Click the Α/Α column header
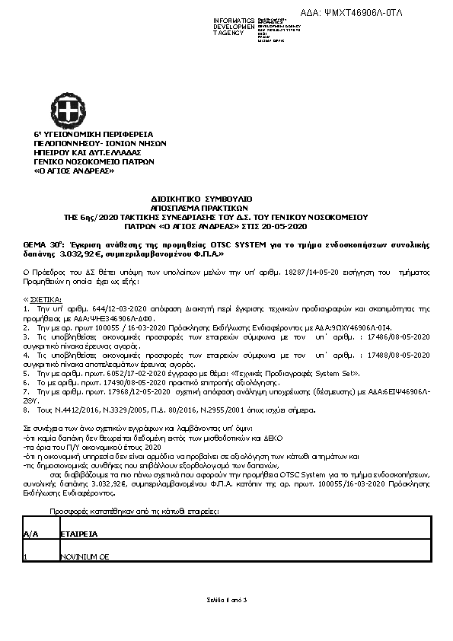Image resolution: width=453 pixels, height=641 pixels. tap(31, 534)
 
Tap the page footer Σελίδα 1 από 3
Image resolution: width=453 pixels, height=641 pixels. tap(227, 601)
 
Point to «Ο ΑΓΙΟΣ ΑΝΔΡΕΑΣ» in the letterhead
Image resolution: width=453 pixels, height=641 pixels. tap(69, 171)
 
